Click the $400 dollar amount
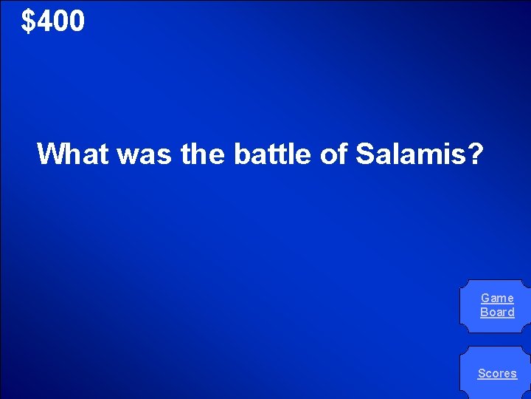(53, 21)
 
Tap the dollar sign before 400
(28, 22)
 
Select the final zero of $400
(77, 22)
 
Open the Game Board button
(497, 305)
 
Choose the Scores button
(497, 373)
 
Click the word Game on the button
(497, 298)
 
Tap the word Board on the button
(497, 312)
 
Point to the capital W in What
(50, 154)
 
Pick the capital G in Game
(485, 298)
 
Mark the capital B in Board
(484, 312)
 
